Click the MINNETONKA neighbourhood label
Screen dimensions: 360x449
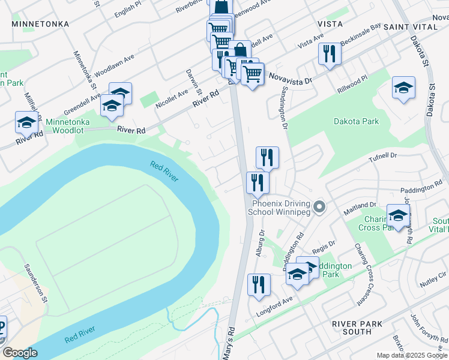(40, 24)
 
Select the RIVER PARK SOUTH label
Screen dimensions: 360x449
(357, 328)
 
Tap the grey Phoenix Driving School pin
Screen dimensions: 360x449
(320, 208)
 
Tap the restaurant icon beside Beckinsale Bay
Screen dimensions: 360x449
(330, 54)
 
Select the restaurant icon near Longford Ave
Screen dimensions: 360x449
(259, 284)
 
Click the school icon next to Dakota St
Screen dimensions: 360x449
(403, 88)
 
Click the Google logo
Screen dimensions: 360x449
(20, 353)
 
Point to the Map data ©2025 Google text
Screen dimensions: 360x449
(412, 355)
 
